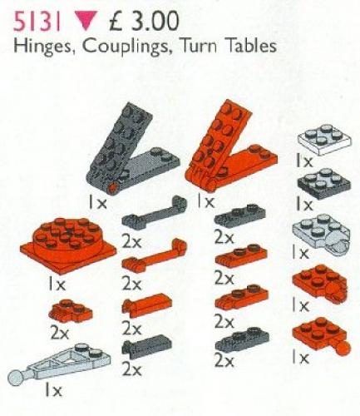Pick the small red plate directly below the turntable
point(66,313)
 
